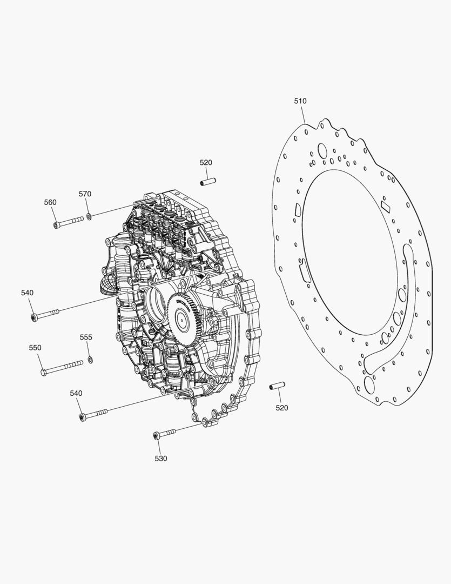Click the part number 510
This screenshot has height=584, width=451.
coord(300,101)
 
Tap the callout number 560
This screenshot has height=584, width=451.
coord(50,202)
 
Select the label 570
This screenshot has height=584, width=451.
coord(85,194)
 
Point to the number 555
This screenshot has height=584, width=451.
coord(86,337)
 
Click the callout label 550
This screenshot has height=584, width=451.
coord(35,348)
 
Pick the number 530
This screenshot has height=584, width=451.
coord(161,459)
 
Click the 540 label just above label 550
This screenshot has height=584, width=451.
coord(27,293)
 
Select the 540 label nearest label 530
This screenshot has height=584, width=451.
coord(76,393)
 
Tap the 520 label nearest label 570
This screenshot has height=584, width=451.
coord(206,162)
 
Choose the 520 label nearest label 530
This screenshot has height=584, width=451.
coord(282,408)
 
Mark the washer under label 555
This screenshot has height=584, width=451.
coord(90,360)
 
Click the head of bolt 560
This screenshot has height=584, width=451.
coord(56,225)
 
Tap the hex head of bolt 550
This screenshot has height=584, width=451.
coord(44,371)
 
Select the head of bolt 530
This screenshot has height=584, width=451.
coord(156,435)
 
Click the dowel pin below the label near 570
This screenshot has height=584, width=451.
coord(207,182)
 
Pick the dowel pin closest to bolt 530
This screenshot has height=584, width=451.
coord(277,386)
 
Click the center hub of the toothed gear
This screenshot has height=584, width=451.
coord(183,319)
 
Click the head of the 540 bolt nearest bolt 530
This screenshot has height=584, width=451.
coord(82,417)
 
